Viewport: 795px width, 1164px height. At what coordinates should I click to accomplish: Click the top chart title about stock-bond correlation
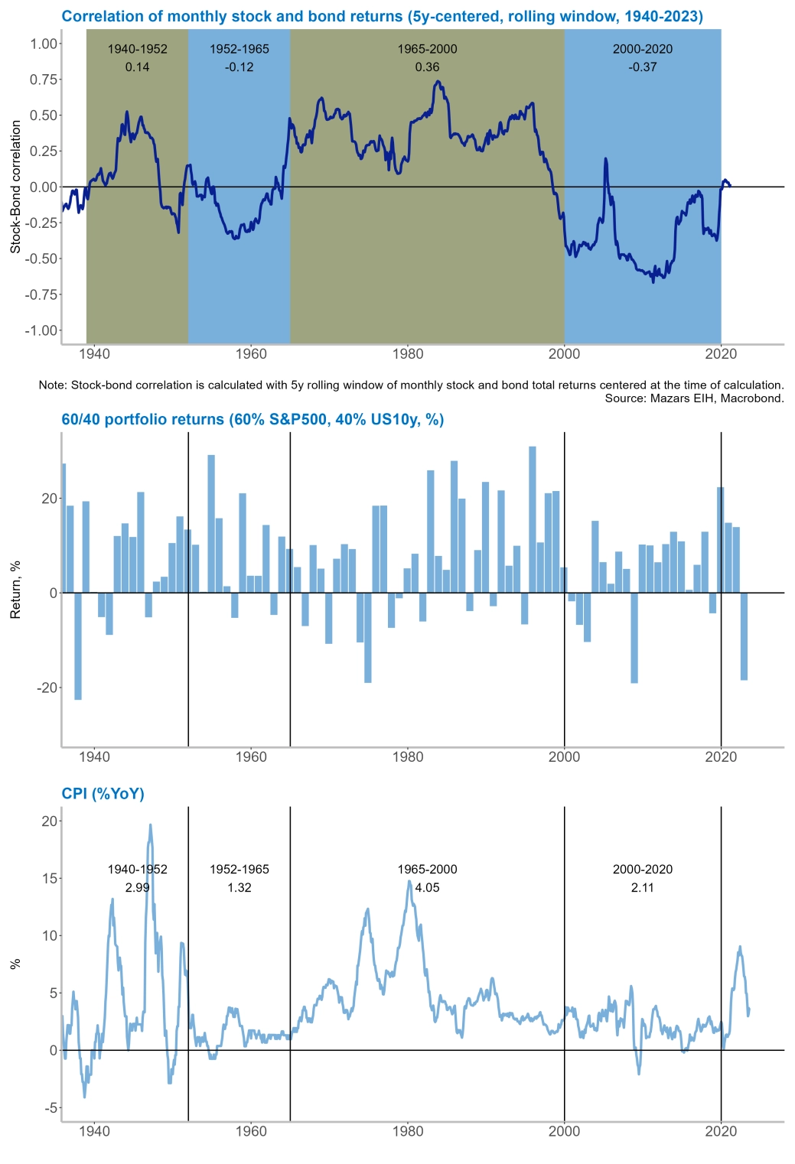coord(382,16)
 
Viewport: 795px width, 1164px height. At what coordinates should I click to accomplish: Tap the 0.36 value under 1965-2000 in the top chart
coord(427,67)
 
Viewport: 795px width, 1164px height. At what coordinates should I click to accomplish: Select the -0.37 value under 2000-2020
coord(643,67)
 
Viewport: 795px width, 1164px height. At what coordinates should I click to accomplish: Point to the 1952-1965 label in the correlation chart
coord(239,49)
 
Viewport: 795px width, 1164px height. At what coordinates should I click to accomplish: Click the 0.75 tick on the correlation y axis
coord(43,80)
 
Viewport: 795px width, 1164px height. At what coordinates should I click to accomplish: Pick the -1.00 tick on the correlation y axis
coord(41,330)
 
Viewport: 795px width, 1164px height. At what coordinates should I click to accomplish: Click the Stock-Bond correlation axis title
coord(15,187)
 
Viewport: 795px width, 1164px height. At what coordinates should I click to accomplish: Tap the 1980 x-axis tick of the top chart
coord(408,353)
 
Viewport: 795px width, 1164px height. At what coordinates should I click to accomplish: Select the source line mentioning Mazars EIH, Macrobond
coord(694,398)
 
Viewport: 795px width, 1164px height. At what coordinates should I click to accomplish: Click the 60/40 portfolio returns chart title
coord(253,419)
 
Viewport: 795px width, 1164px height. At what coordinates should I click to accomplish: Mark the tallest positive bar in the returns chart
coord(533,519)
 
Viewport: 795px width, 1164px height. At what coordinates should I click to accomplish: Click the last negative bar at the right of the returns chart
coord(744,636)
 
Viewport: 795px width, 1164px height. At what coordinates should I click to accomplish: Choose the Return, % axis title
coord(15,590)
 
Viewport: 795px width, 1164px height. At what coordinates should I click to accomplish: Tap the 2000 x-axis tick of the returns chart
coord(565,757)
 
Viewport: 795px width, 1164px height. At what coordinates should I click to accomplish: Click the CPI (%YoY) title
coord(103,794)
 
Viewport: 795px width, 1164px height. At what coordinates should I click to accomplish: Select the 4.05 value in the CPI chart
coord(427,888)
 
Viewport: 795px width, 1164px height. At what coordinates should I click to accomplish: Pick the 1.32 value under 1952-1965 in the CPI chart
coord(239,888)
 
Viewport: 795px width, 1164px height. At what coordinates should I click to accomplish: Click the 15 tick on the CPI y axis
coord(50,878)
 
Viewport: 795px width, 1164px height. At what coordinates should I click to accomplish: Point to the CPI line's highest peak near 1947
coord(150,825)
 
